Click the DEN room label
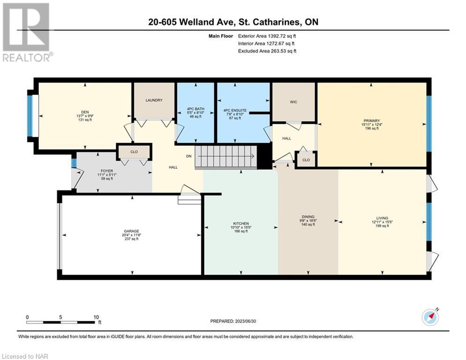[x=85, y=112]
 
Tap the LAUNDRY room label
[x=154, y=100]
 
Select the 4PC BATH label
[x=196, y=109]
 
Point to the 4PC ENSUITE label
[x=235, y=110]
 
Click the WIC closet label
[x=294, y=102]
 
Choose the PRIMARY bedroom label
[x=371, y=121]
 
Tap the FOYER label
[x=107, y=171]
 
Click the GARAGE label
[x=131, y=231]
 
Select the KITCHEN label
[x=241, y=224]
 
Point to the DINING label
[x=308, y=217]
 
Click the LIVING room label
[x=382, y=218]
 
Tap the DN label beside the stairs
[x=189, y=156]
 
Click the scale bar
[x=60, y=322]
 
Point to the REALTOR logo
[x=26, y=32]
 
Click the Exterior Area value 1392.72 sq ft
[x=282, y=36]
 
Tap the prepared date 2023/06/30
[x=245, y=321]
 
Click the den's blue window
[x=30, y=116]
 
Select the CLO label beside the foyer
[x=134, y=152]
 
